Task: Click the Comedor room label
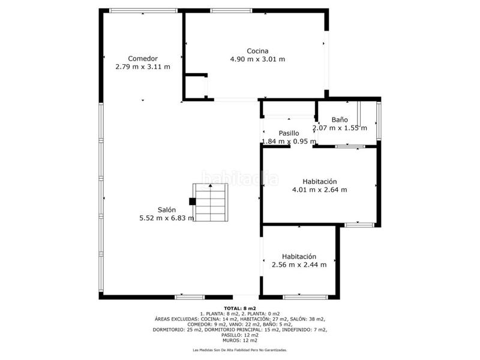click(x=143, y=58)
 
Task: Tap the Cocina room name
click(x=257, y=51)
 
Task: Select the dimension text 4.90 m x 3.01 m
click(x=257, y=59)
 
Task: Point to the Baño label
click(x=340, y=119)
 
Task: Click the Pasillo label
click(x=289, y=133)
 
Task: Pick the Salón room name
click(x=167, y=209)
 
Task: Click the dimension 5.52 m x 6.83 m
click(x=167, y=218)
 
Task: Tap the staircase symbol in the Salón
click(x=211, y=202)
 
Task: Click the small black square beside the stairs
click(x=192, y=202)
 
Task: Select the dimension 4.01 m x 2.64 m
click(x=320, y=190)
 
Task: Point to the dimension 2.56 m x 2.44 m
click(x=299, y=265)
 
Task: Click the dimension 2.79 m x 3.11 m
click(x=143, y=67)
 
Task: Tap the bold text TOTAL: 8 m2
click(x=240, y=308)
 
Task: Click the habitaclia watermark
click(x=241, y=178)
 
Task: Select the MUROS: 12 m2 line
click(x=240, y=340)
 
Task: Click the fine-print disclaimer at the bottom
click(x=240, y=350)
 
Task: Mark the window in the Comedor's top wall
click(x=143, y=11)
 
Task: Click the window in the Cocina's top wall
click(x=232, y=11)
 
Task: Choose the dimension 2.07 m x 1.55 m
click(x=340, y=128)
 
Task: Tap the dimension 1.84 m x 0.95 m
click(x=289, y=142)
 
